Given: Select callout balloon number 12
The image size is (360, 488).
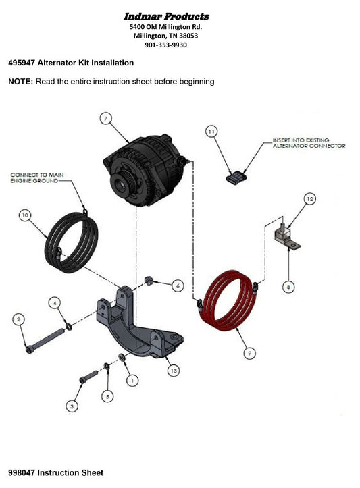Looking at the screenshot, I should click(x=309, y=199).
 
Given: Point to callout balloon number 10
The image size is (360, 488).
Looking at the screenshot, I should click(x=25, y=215).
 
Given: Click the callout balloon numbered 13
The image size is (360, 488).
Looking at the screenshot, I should click(x=174, y=371).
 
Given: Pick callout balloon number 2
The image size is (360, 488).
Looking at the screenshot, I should click(x=20, y=318).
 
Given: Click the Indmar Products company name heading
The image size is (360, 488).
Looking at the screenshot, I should click(x=166, y=16).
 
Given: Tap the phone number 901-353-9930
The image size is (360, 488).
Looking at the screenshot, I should click(x=166, y=45).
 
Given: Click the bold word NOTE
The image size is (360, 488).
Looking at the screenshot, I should click(x=20, y=82).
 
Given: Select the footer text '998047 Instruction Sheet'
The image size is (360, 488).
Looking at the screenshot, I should click(x=56, y=472).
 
